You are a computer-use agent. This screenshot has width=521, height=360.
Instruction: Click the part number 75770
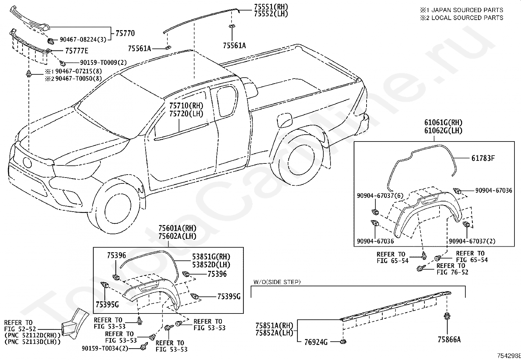click(x=125, y=33)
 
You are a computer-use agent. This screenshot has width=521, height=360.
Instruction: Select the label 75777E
click(x=77, y=51)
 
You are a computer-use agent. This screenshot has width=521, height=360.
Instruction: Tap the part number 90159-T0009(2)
click(x=103, y=63)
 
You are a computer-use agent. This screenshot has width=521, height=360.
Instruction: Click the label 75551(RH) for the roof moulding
click(x=271, y=7)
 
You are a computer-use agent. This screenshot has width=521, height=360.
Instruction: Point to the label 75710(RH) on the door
click(x=186, y=106)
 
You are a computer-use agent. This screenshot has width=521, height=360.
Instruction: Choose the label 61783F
click(x=483, y=158)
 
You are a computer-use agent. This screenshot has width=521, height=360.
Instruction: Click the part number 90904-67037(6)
click(x=380, y=196)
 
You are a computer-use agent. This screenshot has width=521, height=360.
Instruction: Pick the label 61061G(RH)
click(x=443, y=123)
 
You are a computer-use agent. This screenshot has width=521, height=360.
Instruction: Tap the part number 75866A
click(x=449, y=340)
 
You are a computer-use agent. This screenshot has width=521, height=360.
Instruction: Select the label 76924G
click(x=316, y=342)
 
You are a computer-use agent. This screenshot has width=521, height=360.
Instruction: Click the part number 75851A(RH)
click(x=274, y=325)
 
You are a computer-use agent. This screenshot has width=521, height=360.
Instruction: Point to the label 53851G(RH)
click(x=211, y=257)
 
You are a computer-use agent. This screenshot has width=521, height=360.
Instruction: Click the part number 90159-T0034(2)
click(x=105, y=349)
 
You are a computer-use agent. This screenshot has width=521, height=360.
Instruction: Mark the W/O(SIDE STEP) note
click(x=277, y=282)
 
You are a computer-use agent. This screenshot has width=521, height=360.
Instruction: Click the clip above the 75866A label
click(x=447, y=316)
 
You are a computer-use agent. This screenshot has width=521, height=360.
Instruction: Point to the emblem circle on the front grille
click(x=27, y=162)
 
